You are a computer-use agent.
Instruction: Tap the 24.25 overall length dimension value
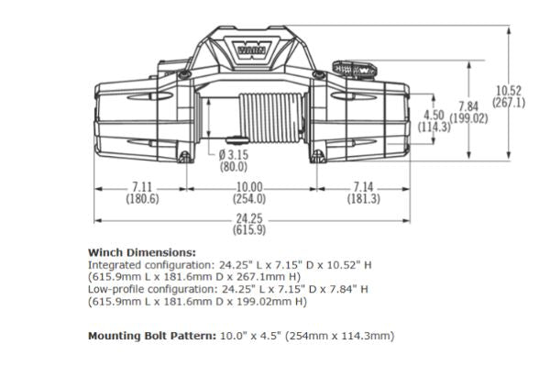[x=249, y=218]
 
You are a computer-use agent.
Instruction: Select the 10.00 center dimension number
[x=249, y=187]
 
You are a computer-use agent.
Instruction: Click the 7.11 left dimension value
[x=142, y=187]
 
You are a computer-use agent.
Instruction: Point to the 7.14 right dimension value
[x=363, y=187]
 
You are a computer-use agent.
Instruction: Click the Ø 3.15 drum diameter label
[x=233, y=154]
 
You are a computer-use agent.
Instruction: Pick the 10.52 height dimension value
[x=509, y=91]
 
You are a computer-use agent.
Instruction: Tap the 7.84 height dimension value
[x=468, y=106]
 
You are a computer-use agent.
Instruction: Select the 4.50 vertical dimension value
[x=434, y=115]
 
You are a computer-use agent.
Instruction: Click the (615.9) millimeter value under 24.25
[x=249, y=230]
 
